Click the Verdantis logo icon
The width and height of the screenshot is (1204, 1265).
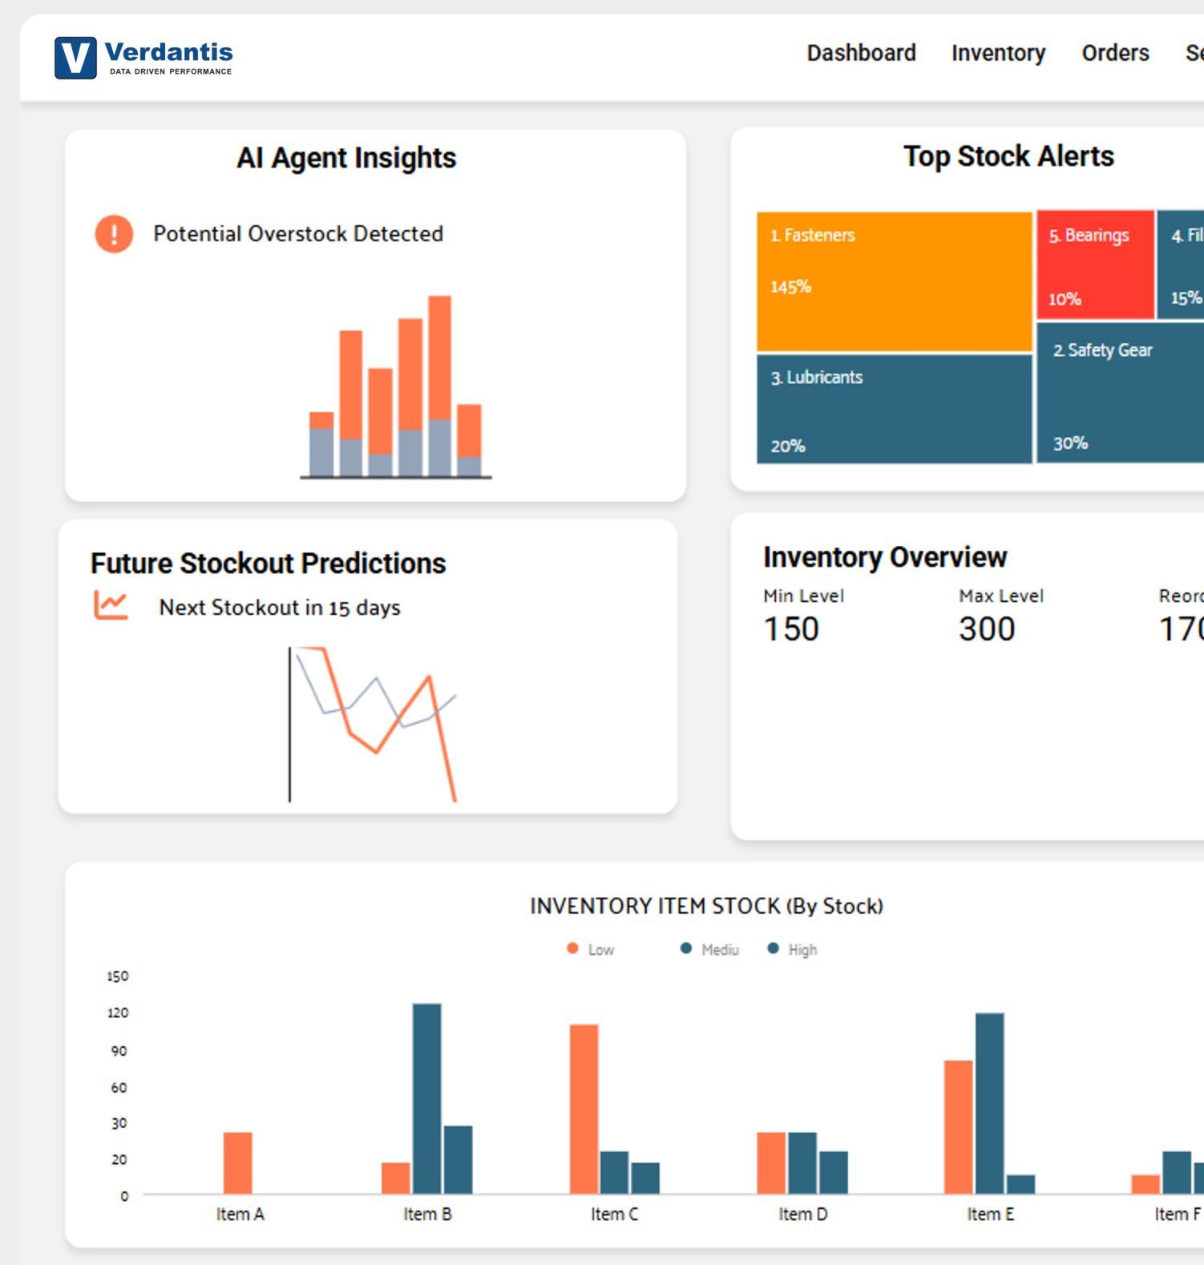point(75,58)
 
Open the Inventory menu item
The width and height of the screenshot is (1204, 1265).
point(998,53)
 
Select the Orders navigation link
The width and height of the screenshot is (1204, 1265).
point(1114,53)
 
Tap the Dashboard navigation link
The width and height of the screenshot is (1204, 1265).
point(861,53)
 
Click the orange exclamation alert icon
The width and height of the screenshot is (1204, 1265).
point(114,234)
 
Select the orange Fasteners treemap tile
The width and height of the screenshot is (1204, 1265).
point(894,281)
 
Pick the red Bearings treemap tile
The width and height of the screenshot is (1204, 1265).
point(1094,265)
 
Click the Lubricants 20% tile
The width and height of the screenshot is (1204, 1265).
point(894,410)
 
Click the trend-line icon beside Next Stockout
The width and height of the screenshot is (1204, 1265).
point(111,605)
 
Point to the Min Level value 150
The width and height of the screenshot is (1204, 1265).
point(791,629)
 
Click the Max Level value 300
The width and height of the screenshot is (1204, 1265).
point(987,629)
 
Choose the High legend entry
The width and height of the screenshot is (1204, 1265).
point(793,950)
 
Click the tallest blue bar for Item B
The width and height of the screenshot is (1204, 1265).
point(426,1098)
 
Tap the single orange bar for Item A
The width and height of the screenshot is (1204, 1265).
point(237,1162)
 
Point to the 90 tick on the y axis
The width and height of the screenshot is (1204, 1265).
point(119,1051)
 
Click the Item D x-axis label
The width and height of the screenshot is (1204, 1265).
point(802,1214)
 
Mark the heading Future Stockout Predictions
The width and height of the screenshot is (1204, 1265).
point(268,564)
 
